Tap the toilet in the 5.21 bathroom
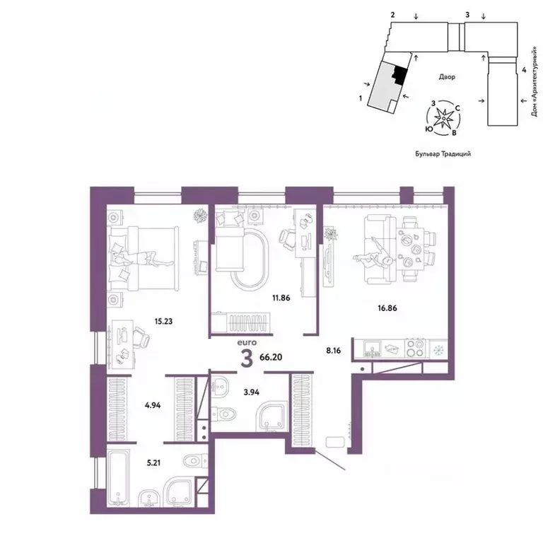coord(191,462)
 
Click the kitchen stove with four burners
coord(415,349)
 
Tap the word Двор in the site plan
coord(445,76)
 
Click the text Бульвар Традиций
coord(443,153)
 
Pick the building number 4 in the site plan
coord(523,70)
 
